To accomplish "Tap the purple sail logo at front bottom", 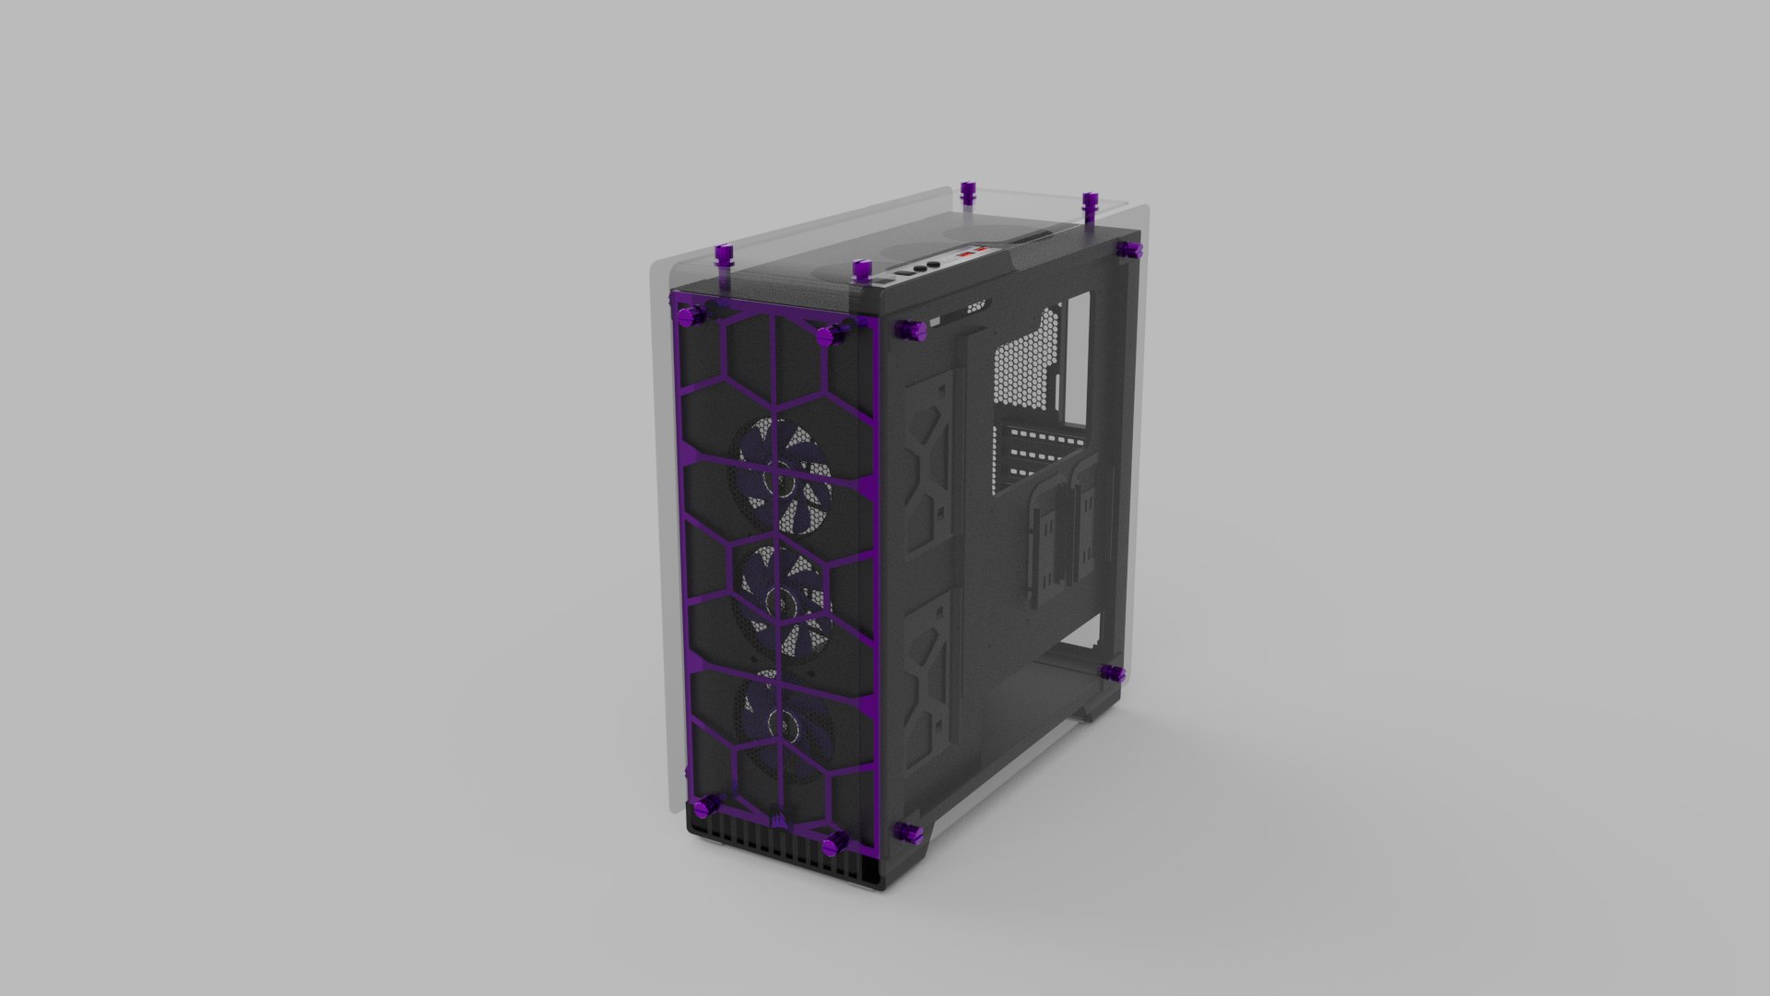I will coord(773,812).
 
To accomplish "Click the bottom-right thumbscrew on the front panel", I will coord(837,840).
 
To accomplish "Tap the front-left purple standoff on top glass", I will coord(724,255).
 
